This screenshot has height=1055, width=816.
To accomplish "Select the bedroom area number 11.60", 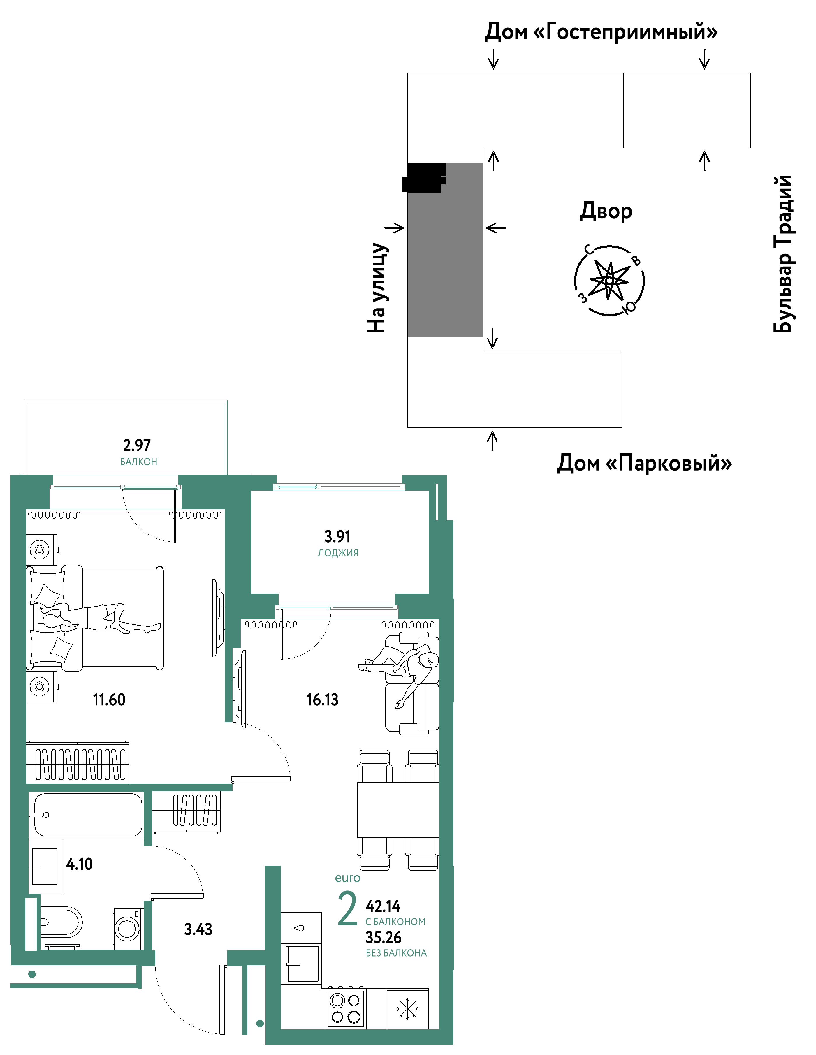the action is click(109, 700).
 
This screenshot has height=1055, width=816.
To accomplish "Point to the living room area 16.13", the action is click(322, 700).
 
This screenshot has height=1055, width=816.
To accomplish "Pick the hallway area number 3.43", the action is click(198, 929).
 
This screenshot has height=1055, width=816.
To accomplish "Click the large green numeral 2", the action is click(347, 909).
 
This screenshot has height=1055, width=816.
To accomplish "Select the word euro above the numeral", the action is click(347, 878).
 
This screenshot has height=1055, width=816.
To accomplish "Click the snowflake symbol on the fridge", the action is click(408, 1009).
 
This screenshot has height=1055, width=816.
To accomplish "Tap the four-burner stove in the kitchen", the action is click(345, 1008).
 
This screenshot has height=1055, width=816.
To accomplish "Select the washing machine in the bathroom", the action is click(128, 929).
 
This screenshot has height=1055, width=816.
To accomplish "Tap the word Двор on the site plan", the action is click(606, 211).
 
